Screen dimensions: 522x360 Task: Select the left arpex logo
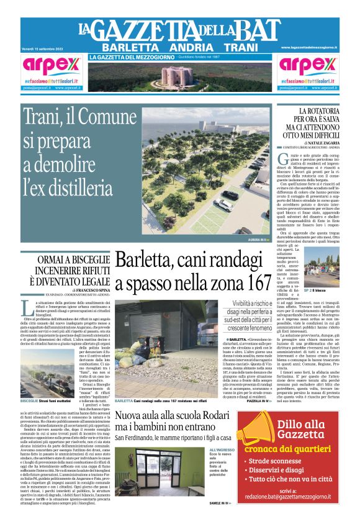point(50,66)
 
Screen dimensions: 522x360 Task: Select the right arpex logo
point(308,66)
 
